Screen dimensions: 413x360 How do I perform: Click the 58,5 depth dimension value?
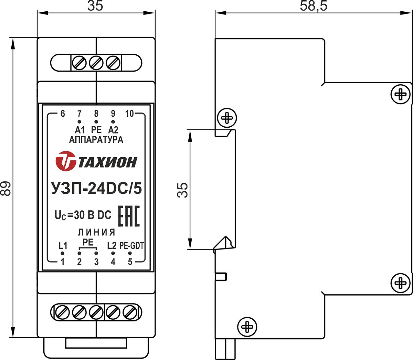click(313, 6)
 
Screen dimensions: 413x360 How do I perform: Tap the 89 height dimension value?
click(5, 189)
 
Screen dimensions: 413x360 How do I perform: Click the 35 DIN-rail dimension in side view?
click(182, 190)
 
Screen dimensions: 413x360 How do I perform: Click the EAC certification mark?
click(129, 216)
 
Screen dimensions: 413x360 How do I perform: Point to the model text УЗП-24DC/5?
click(97, 189)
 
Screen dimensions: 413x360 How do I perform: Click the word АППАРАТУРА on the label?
click(96, 140)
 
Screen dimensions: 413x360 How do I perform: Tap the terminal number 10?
click(129, 114)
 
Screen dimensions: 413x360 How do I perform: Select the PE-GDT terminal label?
click(131, 246)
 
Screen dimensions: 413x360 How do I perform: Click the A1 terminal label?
click(80, 130)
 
